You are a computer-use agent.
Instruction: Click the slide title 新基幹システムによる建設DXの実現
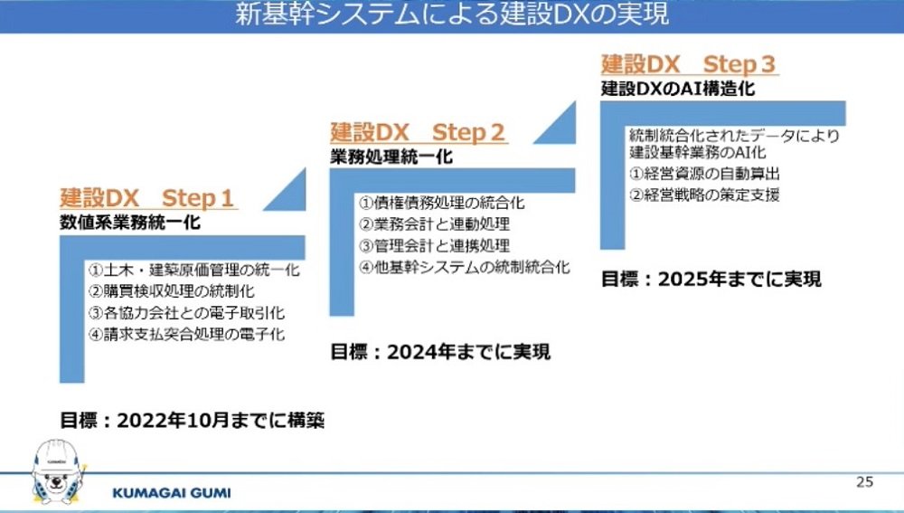click(x=452, y=14)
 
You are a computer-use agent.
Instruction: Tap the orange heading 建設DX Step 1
click(x=147, y=198)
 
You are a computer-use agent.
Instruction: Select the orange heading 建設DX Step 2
click(x=418, y=132)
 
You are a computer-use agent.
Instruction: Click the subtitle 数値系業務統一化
click(x=130, y=223)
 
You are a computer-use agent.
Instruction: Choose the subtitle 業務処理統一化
click(x=391, y=157)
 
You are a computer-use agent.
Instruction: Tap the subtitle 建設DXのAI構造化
click(x=678, y=89)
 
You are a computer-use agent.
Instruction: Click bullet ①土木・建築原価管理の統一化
click(x=194, y=270)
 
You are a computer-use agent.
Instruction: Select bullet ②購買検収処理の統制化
click(x=171, y=290)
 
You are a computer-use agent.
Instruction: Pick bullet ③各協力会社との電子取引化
click(x=187, y=313)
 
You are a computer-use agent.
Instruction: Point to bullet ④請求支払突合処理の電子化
click(x=187, y=334)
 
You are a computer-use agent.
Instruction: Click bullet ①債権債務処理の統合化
click(x=442, y=203)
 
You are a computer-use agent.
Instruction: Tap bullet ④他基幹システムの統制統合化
click(x=465, y=267)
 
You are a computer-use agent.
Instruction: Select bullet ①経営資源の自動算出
click(x=704, y=174)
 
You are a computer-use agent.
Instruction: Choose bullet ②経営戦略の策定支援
click(x=704, y=195)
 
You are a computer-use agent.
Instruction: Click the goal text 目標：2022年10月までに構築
click(x=192, y=420)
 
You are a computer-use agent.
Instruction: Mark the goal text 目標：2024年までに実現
click(x=440, y=351)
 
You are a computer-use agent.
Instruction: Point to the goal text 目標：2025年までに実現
click(x=711, y=280)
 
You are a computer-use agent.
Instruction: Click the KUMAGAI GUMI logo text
click(x=171, y=493)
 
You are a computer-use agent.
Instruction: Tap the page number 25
click(x=865, y=482)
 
